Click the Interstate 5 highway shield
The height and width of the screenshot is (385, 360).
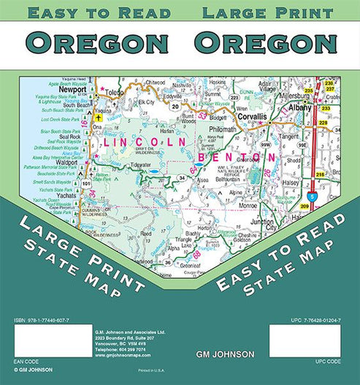pos(313,197)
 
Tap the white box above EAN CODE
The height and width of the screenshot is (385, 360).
pos(43,342)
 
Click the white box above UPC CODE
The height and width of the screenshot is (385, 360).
pos(305,342)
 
